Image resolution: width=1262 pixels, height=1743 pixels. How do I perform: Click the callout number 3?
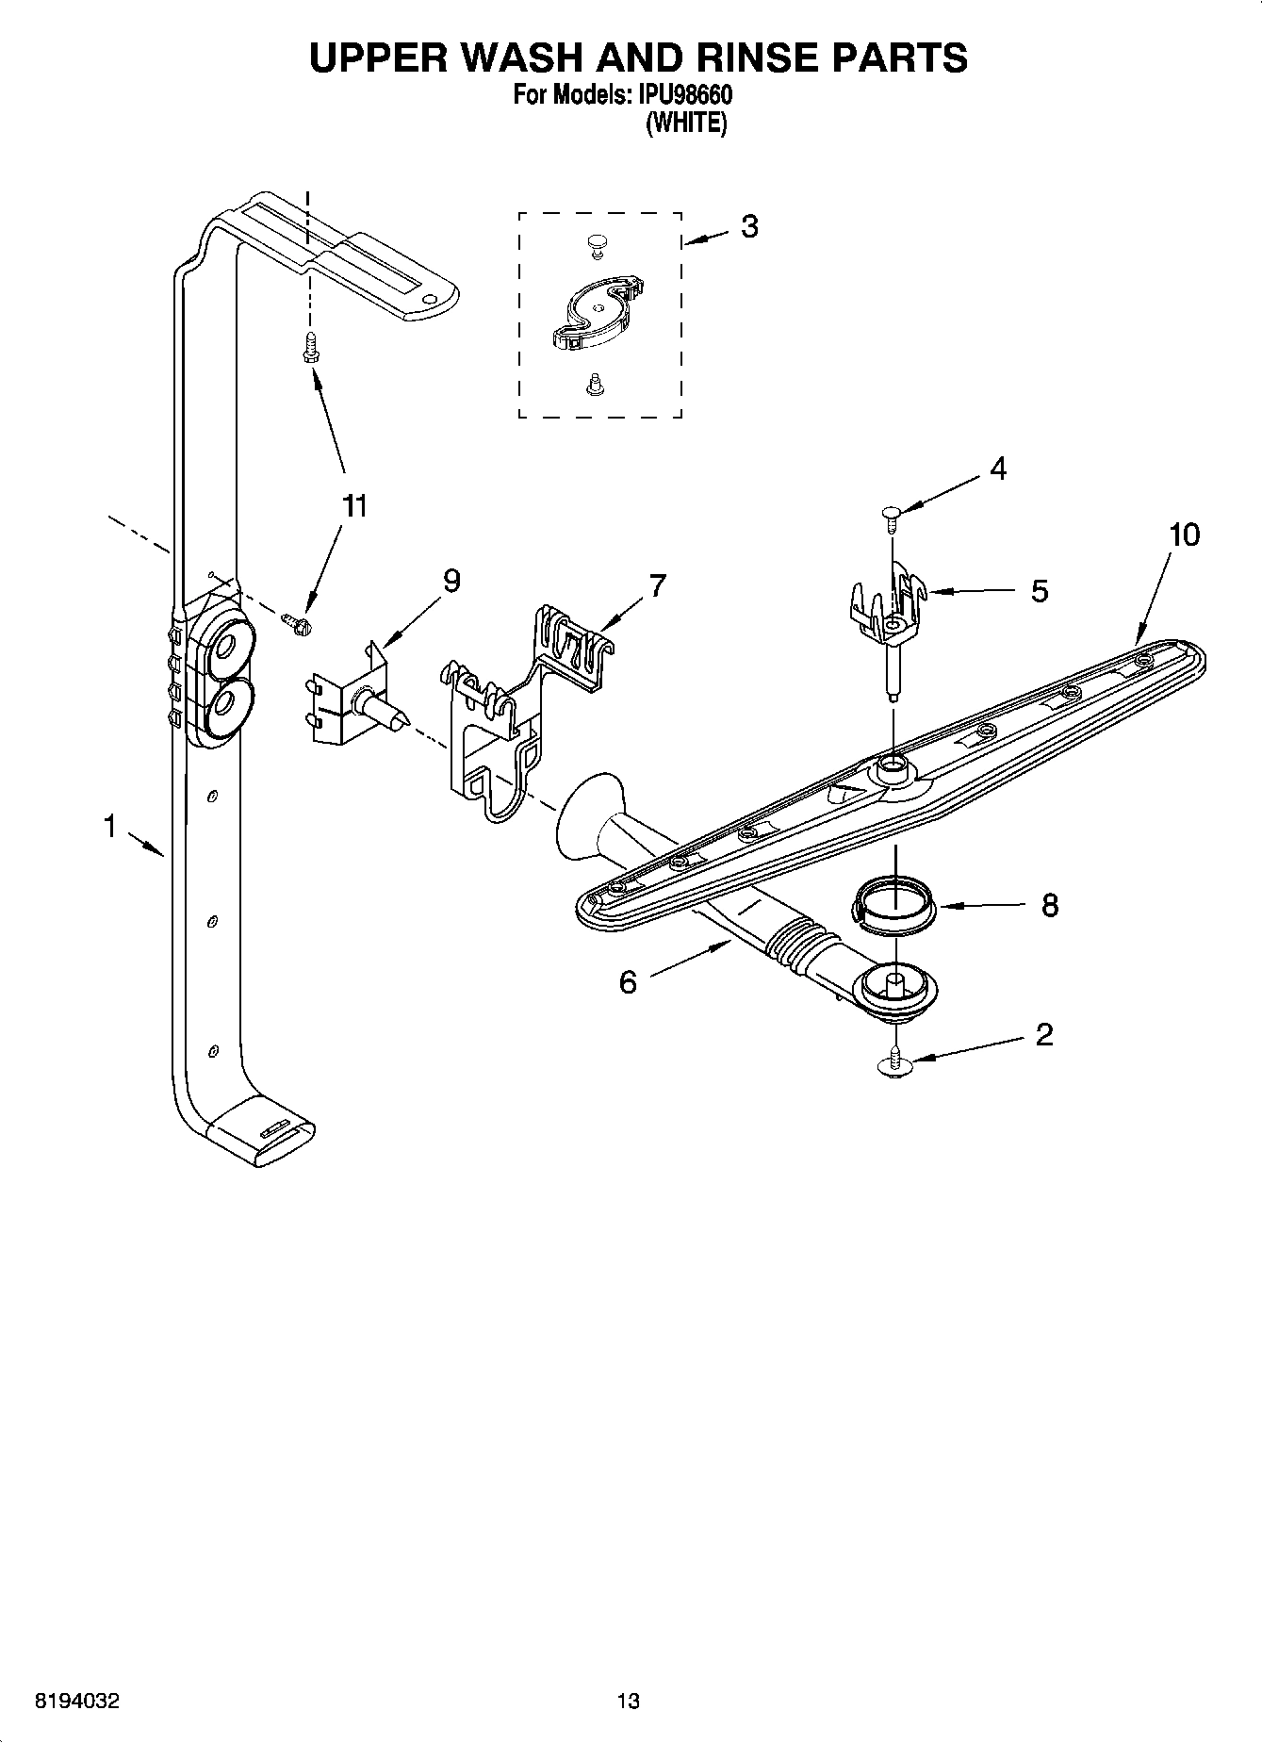[749, 227]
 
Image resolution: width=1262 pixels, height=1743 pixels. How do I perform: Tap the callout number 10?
[1184, 535]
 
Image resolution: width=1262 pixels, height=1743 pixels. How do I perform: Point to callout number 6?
[628, 983]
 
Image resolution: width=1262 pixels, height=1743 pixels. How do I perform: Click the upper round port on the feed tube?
[226, 648]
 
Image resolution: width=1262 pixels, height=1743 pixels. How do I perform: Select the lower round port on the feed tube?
[226, 703]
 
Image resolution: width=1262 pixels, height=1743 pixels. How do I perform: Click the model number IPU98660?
[685, 95]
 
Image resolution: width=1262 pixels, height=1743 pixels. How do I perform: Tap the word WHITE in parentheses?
[685, 123]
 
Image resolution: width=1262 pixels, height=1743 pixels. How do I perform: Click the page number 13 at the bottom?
[628, 1702]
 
